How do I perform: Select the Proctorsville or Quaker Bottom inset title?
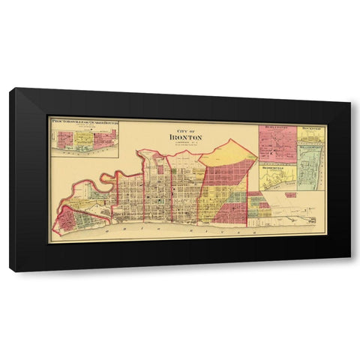83,120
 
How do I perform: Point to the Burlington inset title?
276,127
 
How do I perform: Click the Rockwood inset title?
312,127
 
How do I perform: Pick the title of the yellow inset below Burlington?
276,168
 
